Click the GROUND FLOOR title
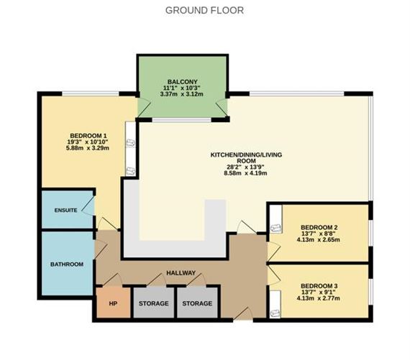click(204, 10)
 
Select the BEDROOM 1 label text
click(88, 136)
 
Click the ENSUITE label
click(66, 210)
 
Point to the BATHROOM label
click(66, 264)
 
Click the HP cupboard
click(112, 303)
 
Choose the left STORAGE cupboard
click(153, 303)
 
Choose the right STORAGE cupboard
click(197, 303)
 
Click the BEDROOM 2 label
click(319, 227)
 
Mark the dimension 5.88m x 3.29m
click(88, 149)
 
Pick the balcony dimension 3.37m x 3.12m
click(182, 94)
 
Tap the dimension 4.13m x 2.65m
click(319, 239)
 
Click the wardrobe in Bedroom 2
click(275, 228)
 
